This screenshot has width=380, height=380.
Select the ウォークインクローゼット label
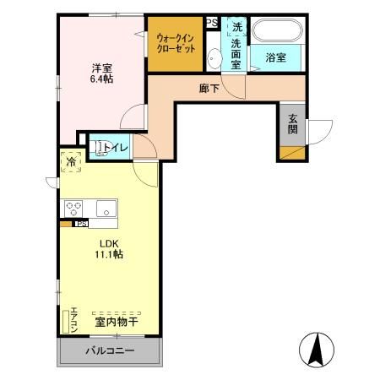coord(176,43)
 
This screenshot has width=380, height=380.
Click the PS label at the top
coord(212,23)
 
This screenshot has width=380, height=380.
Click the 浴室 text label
coord(274,57)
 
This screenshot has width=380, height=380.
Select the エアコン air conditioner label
coord(74,318)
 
